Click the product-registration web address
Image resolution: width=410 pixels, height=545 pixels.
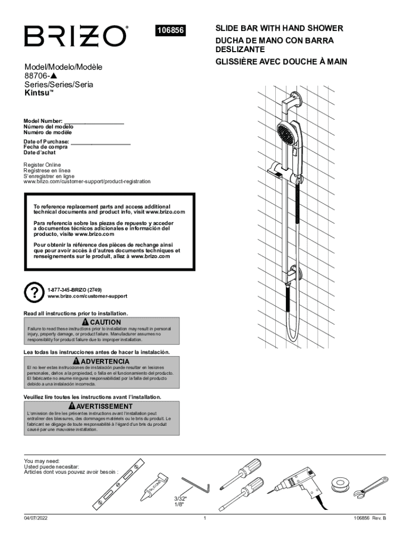pos(87,181)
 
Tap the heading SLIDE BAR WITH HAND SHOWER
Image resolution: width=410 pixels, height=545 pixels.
pos(279,28)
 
